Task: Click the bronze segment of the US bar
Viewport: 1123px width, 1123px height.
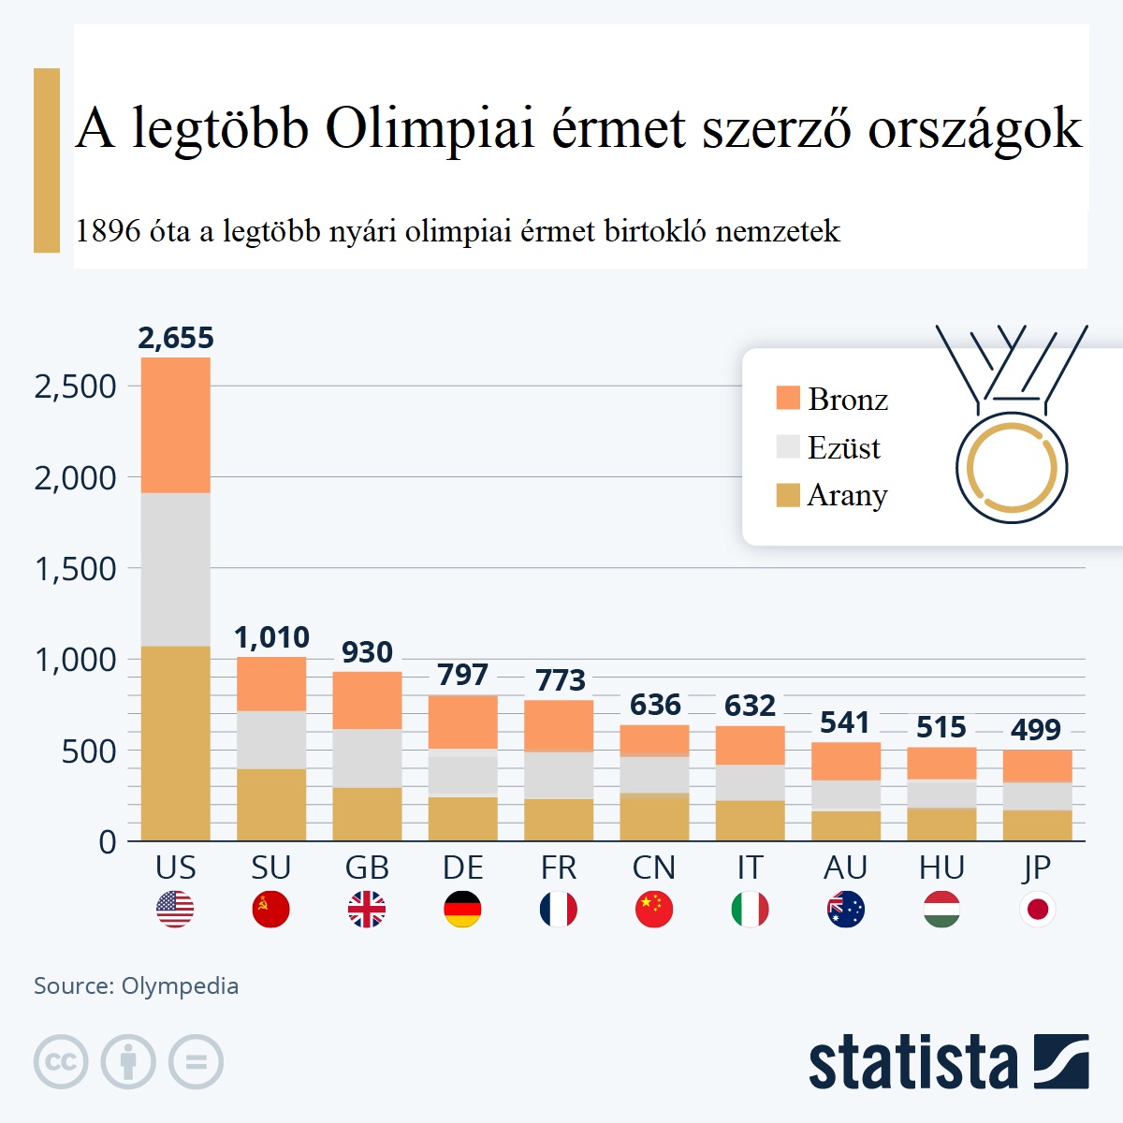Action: click(176, 425)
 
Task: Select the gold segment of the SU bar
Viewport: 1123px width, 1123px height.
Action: click(271, 805)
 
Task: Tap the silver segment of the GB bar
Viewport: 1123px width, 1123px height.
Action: click(367, 758)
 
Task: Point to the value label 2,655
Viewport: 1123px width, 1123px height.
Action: click(176, 338)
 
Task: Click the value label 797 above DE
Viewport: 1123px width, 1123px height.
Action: click(462, 675)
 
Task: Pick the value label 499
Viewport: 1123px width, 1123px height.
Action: click(1036, 730)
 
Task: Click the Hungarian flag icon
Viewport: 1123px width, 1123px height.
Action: click(941, 909)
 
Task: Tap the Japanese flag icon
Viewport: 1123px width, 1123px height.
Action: click(1037, 909)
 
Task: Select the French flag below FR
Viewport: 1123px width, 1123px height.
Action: click(559, 909)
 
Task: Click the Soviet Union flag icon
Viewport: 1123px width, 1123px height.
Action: click(271, 909)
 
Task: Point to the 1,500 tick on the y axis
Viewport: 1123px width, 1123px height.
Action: click(76, 569)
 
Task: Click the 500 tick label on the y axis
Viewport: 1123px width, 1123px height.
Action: click(89, 751)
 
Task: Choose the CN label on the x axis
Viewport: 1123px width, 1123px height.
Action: click(653, 868)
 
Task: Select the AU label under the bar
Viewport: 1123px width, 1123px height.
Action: click(845, 868)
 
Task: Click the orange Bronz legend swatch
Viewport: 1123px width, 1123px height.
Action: click(788, 398)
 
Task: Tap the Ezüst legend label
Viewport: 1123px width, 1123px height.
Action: click(844, 448)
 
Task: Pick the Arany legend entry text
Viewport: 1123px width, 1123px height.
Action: click(847, 495)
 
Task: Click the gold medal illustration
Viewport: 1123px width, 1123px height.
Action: click(1012, 466)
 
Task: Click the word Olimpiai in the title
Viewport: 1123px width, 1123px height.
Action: click(430, 128)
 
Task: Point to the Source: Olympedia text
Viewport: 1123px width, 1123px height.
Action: click(137, 985)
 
